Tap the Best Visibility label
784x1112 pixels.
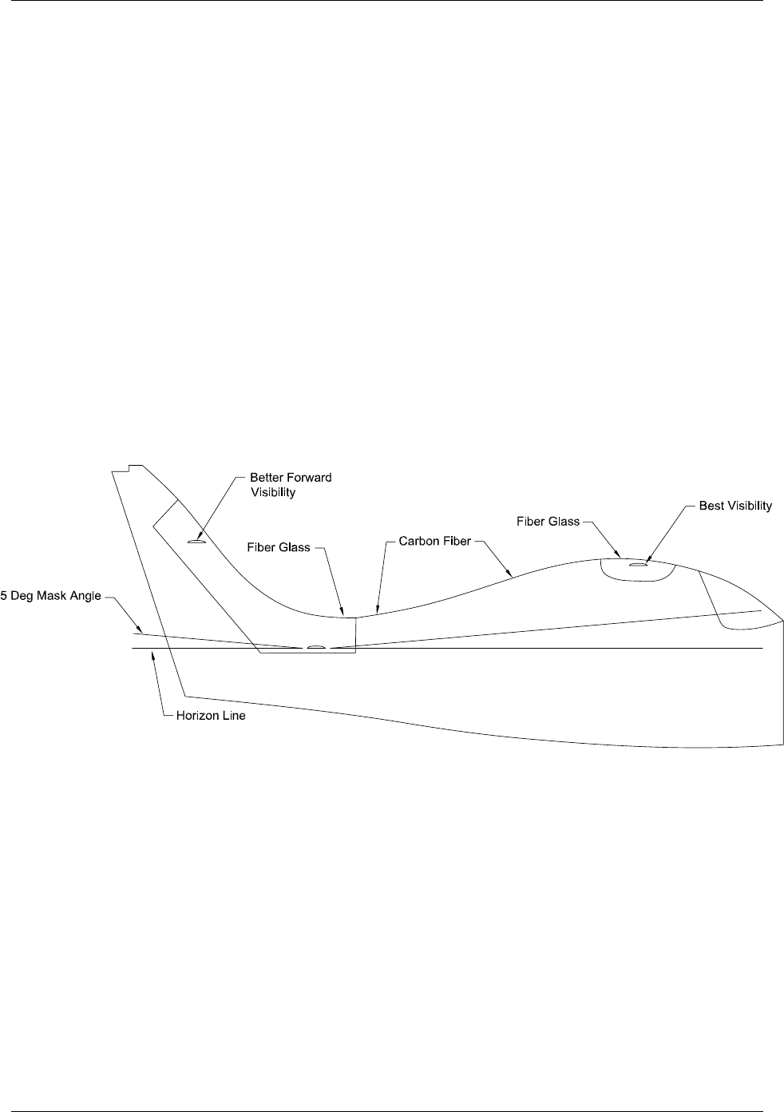[x=735, y=506]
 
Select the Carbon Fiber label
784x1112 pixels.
[x=435, y=542]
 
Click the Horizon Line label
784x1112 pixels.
[x=210, y=716]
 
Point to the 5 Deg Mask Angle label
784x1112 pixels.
[x=50, y=597]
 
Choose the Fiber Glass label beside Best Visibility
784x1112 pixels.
[x=548, y=522]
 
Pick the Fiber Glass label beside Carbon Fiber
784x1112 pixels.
[x=278, y=548]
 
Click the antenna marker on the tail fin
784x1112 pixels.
[x=196, y=542]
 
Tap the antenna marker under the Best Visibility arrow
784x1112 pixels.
[x=637, y=564]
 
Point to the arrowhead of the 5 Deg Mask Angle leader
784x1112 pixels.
[x=139, y=630]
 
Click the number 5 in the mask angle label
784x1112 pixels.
[x=3, y=597]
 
